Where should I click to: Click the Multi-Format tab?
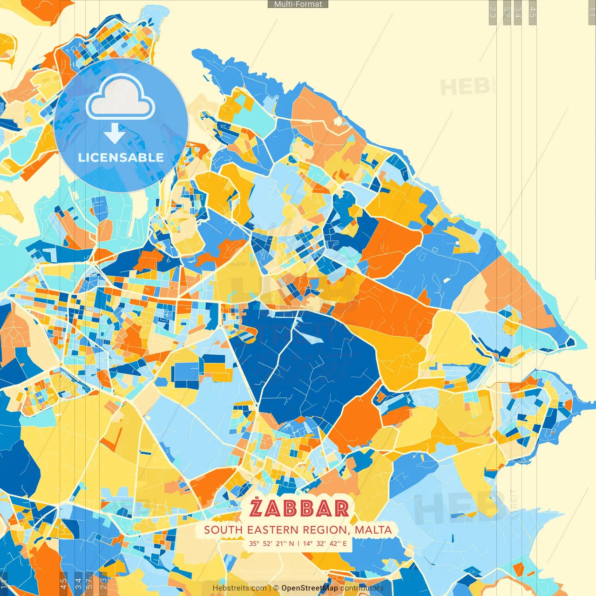(x=298, y=4)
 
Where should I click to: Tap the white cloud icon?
(x=121, y=99)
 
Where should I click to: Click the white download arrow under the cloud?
(x=114, y=133)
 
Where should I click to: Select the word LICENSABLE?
(x=121, y=157)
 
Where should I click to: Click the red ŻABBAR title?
(x=299, y=508)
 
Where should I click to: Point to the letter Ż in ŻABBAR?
(x=257, y=508)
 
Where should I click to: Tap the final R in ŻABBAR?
(x=340, y=508)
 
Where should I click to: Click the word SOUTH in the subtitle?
(x=223, y=530)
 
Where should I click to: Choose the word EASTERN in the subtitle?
(x=273, y=530)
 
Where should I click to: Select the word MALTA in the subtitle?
(x=373, y=530)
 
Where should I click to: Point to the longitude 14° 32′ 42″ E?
(x=325, y=543)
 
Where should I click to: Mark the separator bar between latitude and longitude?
(x=298, y=543)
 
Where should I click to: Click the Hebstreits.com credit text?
(x=239, y=588)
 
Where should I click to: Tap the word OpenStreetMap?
(x=310, y=588)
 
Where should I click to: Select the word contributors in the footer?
(x=362, y=588)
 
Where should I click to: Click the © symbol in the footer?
(x=276, y=588)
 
